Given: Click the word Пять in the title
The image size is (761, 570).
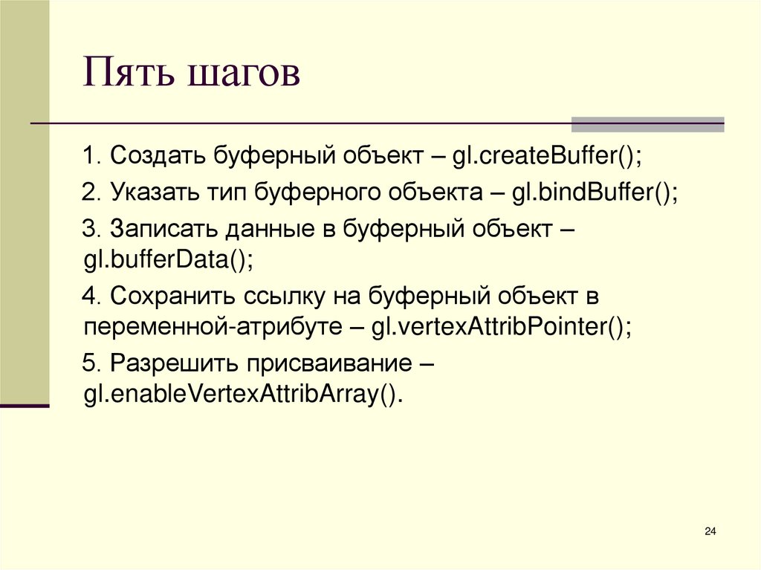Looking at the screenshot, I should point(129,75).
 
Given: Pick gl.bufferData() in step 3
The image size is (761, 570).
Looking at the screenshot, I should point(168,260).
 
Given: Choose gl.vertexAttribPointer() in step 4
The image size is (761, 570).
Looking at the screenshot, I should point(502,328).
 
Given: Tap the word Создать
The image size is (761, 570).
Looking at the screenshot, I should point(158,157).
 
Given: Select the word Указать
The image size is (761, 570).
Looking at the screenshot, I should point(155,192).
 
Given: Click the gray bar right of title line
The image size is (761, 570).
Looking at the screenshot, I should point(647,124).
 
